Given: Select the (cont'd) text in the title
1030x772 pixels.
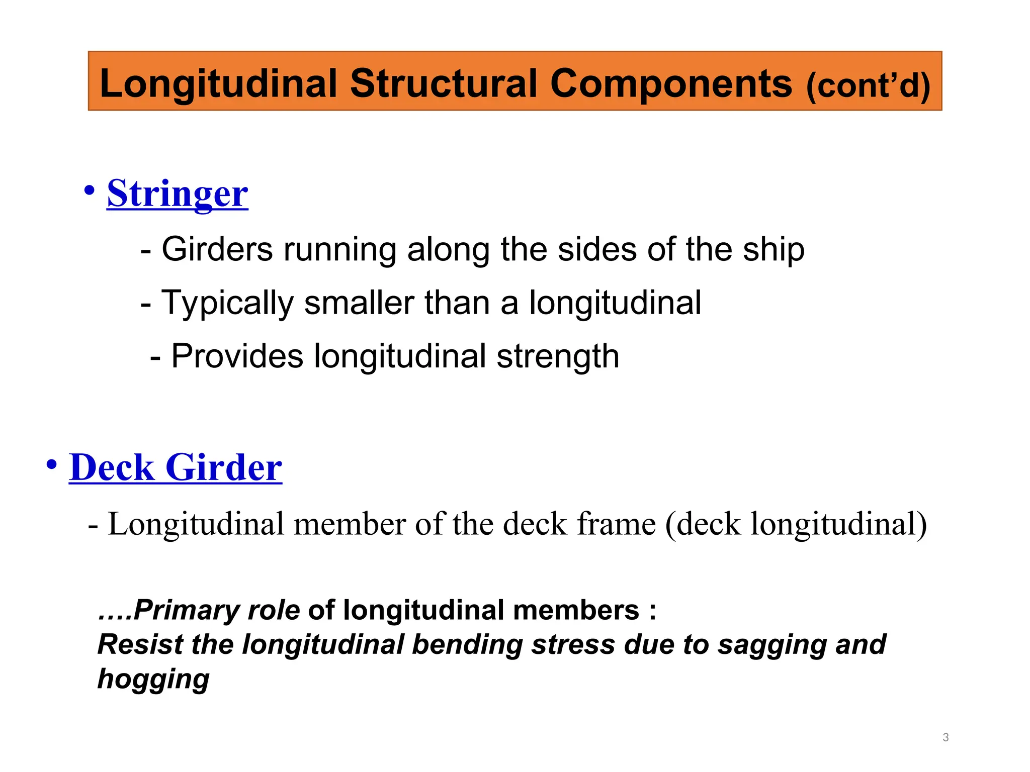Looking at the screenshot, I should (868, 85).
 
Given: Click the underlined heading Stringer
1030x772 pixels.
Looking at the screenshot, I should (178, 194).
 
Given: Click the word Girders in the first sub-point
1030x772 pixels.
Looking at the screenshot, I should (217, 249).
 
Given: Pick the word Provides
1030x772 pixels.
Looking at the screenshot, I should (237, 356).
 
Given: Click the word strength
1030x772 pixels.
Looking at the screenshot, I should (558, 356).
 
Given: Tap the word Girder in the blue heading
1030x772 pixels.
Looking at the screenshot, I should (224, 467).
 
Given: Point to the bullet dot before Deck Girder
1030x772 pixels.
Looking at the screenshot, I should (52, 464).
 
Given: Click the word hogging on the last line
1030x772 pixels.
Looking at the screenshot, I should (153, 679).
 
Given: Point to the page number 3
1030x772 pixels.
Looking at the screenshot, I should (946, 737).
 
